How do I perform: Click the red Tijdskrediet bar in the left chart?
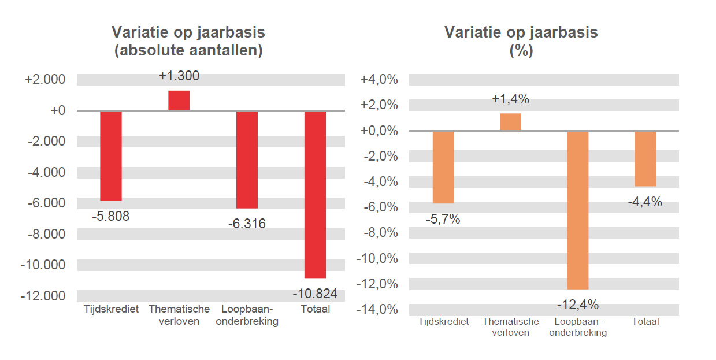tap(111, 155)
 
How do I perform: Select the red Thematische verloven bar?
tap(179, 101)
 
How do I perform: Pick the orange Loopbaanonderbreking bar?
tap(578, 210)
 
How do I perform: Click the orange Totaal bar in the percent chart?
tap(645, 158)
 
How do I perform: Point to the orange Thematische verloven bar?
tap(510, 122)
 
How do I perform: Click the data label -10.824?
tap(315, 293)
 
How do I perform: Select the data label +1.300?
tap(179, 76)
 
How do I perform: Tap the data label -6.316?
tap(247, 224)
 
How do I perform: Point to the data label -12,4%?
tap(578, 304)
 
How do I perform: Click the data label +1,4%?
tap(510, 99)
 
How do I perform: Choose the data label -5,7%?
tap(443, 219)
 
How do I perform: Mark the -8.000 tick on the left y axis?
tap(44, 234)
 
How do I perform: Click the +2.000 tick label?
tap(44, 79)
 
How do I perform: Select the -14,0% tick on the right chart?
tap(379, 309)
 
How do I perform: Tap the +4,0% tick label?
tap(379, 80)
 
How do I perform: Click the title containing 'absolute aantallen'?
tap(188, 50)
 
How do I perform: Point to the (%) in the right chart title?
tap(521, 51)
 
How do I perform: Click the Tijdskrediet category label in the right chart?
tap(443, 322)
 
